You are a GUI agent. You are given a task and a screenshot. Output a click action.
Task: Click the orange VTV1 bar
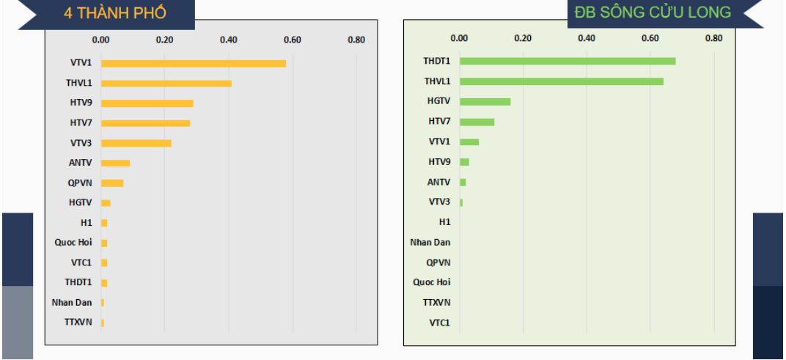[x=194, y=64]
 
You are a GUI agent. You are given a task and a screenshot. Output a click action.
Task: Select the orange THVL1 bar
[x=166, y=84]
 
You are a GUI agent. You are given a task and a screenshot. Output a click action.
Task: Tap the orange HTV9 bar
[x=147, y=103]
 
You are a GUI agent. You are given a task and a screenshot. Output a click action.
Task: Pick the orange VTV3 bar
[x=136, y=143]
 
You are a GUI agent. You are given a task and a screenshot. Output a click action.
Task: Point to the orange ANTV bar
[x=116, y=163]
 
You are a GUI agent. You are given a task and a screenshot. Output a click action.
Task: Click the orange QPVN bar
[x=112, y=183]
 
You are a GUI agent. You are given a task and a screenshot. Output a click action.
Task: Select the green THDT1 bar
[x=568, y=61]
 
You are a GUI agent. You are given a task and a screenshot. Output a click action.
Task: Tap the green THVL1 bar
[x=562, y=81]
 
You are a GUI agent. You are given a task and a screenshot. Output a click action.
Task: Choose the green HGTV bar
[x=485, y=101]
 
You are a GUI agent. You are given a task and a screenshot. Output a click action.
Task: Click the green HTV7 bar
[x=477, y=122]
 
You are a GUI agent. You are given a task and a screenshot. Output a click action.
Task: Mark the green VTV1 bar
[x=469, y=142]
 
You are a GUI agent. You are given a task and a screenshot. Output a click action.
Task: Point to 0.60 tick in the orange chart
[x=293, y=40]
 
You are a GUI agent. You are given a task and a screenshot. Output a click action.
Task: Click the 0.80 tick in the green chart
[x=713, y=37]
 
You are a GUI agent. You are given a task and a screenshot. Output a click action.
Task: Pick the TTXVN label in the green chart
[x=436, y=302]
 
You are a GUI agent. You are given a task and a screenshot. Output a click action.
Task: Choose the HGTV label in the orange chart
[x=80, y=202]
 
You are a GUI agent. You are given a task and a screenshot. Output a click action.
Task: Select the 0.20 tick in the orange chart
[x=165, y=40]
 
